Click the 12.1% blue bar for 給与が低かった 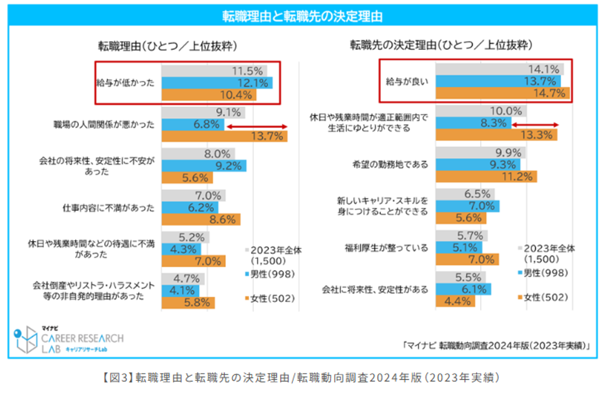[x=217, y=83]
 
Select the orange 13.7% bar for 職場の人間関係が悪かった [x=224, y=136]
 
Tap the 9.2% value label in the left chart [x=229, y=166]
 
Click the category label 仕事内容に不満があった [x=108, y=208]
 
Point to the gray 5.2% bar [x=185, y=237]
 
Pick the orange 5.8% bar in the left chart [x=188, y=303]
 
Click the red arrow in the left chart [x=257, y=126]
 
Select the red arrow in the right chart [x=535, y=125]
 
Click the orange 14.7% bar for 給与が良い [x=502, y=93]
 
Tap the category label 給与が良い [x=407, y=82]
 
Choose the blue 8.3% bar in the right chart [x=473, y=123]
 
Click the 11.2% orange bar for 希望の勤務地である [x=486, y=176]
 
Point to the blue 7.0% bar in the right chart [x=467, y=206]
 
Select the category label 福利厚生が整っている [x=386, y=248]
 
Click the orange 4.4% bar [x=455, y=301]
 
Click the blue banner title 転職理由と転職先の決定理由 [x=302, y=16]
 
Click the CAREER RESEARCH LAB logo [x=69, y=340]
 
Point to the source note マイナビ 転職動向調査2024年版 [x=496, y=345]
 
